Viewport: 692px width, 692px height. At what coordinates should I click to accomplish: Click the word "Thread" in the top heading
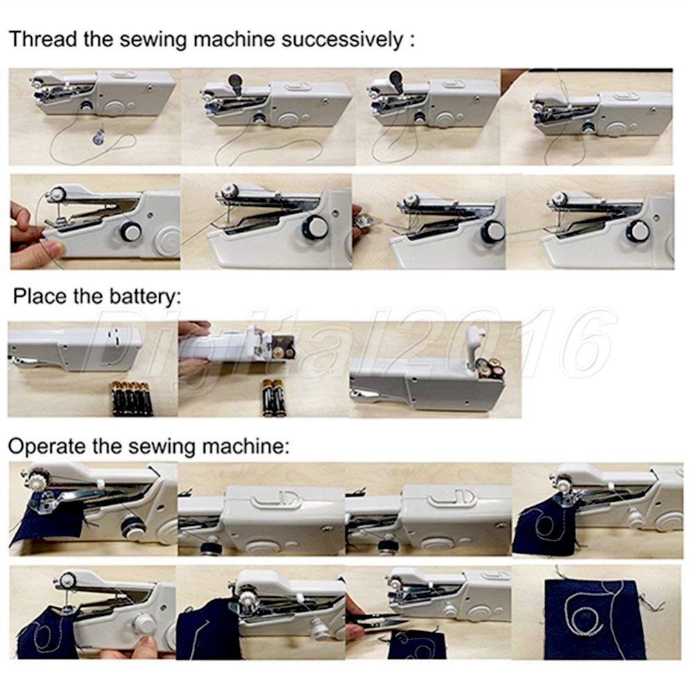(43, 39)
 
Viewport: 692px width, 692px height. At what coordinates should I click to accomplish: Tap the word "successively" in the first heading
(342, 40)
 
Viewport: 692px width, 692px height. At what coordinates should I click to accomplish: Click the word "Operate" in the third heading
(47, 446)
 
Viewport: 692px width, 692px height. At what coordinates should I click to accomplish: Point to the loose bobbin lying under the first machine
(99, 138)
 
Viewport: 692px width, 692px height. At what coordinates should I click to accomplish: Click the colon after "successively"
(412, 41)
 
